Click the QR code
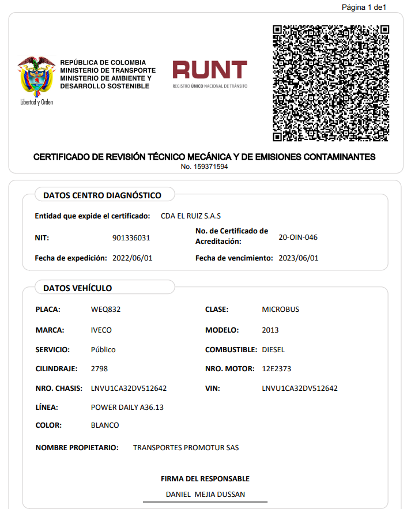[330, 83]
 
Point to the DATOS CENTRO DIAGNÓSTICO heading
[102, 195]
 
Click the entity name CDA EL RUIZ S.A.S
[191, 216]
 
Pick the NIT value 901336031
[131, 237]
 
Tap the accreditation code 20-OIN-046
[298, 237]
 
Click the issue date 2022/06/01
[132, 258]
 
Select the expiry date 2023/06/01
[298, 258]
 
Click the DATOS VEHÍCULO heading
[77, 288]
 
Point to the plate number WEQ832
[106, 310]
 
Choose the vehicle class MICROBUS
[281, 310]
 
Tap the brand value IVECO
[101, 330]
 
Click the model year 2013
[270, 330]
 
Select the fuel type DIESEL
[273, 350]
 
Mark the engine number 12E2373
[277, 369]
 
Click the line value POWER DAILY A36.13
[127, 408]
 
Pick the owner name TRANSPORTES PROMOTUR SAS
[186, 448]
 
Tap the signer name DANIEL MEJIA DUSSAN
[205, 495]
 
